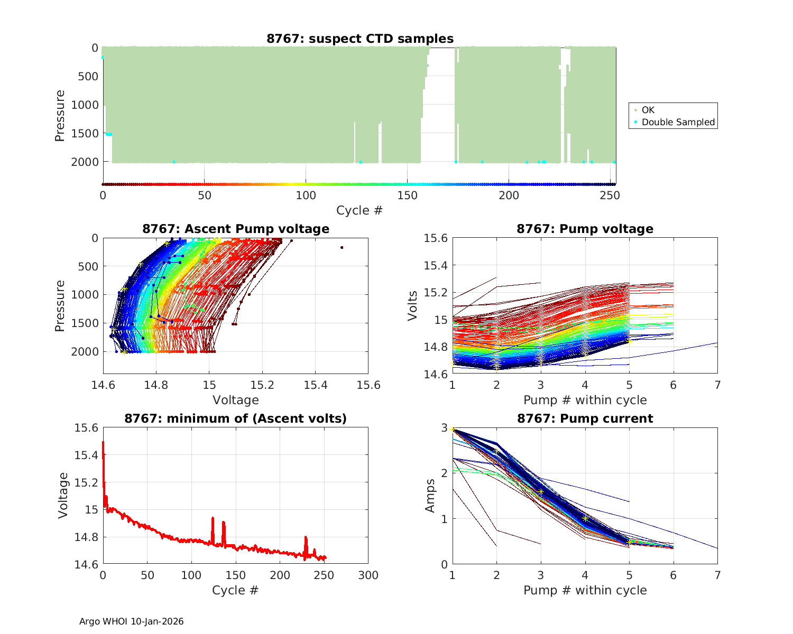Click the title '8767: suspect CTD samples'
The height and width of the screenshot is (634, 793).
pos(359,39)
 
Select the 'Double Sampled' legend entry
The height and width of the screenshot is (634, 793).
pos(678,122)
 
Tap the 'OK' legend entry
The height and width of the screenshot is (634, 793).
pos(648,110)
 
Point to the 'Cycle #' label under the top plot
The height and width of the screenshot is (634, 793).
pos(359,210)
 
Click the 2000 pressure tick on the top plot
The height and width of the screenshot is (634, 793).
pos(85,162)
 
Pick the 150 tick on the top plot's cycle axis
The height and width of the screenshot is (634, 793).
pos(407,195)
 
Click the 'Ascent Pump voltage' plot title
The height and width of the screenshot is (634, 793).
pos(236,229)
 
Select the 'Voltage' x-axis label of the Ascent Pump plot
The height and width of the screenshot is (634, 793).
pos(236,400)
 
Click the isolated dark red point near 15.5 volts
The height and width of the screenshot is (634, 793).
pos(342,247)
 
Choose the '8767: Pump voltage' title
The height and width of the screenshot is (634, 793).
pos(585,229)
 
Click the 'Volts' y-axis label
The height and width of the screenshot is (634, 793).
pos(413,305)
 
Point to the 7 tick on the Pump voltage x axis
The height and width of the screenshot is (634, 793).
pos(717,385)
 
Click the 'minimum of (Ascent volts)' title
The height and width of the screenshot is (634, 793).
pos(236,418)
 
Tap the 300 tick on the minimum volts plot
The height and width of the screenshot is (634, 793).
pos(368,575)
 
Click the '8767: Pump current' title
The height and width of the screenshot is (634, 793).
pos(585,418)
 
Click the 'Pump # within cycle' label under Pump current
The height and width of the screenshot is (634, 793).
pos(585,590)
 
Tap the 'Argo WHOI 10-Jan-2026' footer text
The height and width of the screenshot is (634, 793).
pos(131,621)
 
